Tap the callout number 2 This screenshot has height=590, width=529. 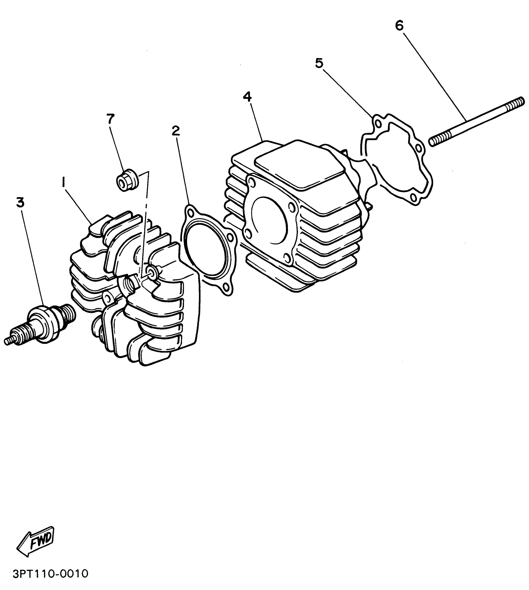[x=176, y=131]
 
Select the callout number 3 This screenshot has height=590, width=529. [x=20, y=203]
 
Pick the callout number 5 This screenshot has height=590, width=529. [x=319, y=63]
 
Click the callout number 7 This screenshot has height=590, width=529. [x=110, y=118]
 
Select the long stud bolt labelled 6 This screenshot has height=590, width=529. [x=476, y=122]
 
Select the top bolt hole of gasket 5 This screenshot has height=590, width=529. [x=377, y=124]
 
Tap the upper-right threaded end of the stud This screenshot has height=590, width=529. [x=517, y=103]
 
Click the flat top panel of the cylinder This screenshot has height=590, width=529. [x=299, y=165]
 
